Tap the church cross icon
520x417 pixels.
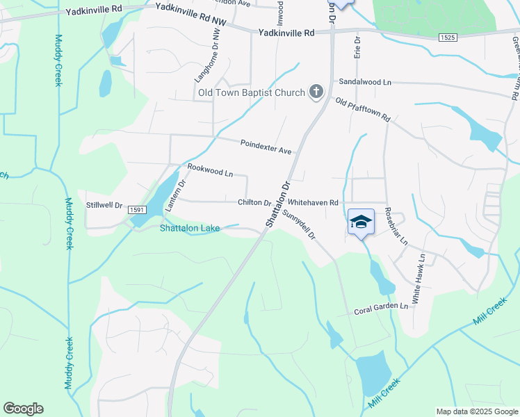pos(316,92)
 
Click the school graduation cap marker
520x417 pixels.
pos(361,222)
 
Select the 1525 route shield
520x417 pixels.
pos(448,38)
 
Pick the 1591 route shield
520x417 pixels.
pos(136,208)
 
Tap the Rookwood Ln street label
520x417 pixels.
pos(210,170)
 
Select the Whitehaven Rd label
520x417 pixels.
pos(313,202)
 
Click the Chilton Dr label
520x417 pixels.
pos(254,202)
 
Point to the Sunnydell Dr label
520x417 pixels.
pos(300,227)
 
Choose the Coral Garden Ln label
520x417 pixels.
pos(380,306)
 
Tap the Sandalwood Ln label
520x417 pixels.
pos(365,81)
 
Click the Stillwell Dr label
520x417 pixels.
pos(104,205)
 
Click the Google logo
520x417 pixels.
pos(23,409)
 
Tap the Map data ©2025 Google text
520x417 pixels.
pos(476,411)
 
